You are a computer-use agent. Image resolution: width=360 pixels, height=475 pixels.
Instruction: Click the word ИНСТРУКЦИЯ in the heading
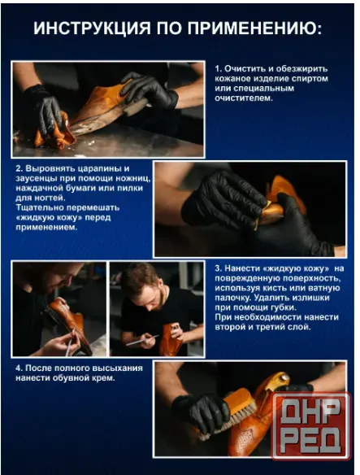[x=92, y=28]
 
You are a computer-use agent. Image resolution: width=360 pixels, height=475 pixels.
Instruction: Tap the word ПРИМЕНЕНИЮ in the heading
[x=254, y=28]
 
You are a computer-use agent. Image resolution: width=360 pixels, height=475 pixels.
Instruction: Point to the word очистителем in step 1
[x=244, y=98]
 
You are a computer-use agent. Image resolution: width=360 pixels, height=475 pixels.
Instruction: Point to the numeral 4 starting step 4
[x=18, y=368]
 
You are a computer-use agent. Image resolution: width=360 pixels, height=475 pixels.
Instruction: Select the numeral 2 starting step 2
[x=18, y=168]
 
